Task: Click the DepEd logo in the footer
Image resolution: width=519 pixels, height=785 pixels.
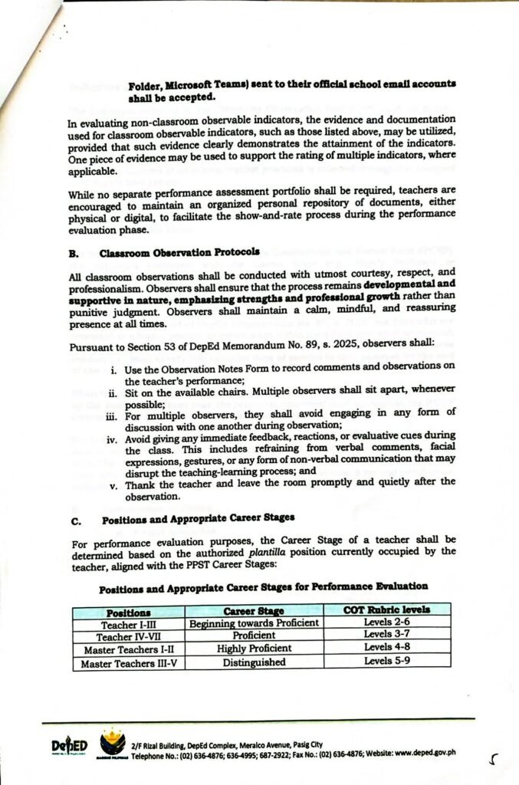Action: click(x=69, y=747)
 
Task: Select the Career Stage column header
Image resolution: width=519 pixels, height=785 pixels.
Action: click(x=254, y=611)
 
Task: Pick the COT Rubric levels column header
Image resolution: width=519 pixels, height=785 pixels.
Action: click(x=386, y=609)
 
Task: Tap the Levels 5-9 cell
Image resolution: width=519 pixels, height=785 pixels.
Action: click(x=386, y=660)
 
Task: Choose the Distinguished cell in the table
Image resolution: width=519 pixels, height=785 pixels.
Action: click(x=254, y=662)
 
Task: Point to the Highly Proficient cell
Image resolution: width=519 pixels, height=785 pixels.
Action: click(x=254, y=649)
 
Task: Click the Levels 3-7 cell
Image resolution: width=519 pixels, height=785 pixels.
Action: click(x=386, y=635)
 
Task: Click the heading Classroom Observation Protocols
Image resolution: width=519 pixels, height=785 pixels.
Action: click(x=181, y=251)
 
